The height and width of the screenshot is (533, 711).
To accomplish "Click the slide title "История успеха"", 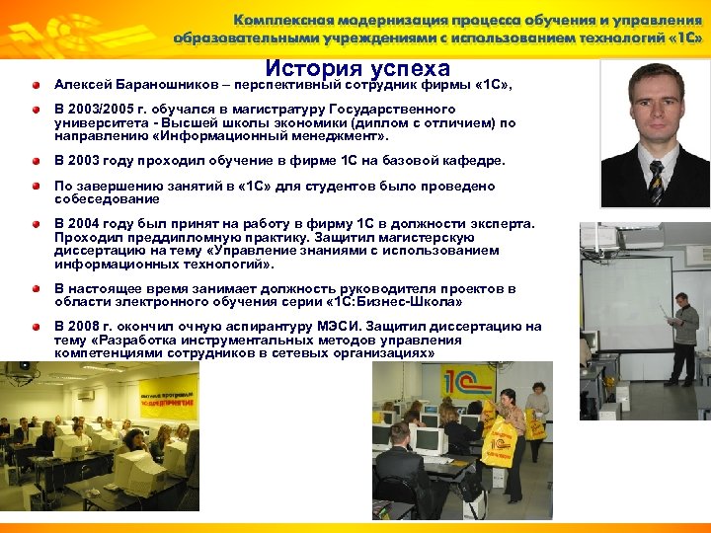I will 357,68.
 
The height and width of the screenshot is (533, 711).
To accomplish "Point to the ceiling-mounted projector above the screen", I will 640,237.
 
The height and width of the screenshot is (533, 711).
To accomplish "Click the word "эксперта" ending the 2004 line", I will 505,223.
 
